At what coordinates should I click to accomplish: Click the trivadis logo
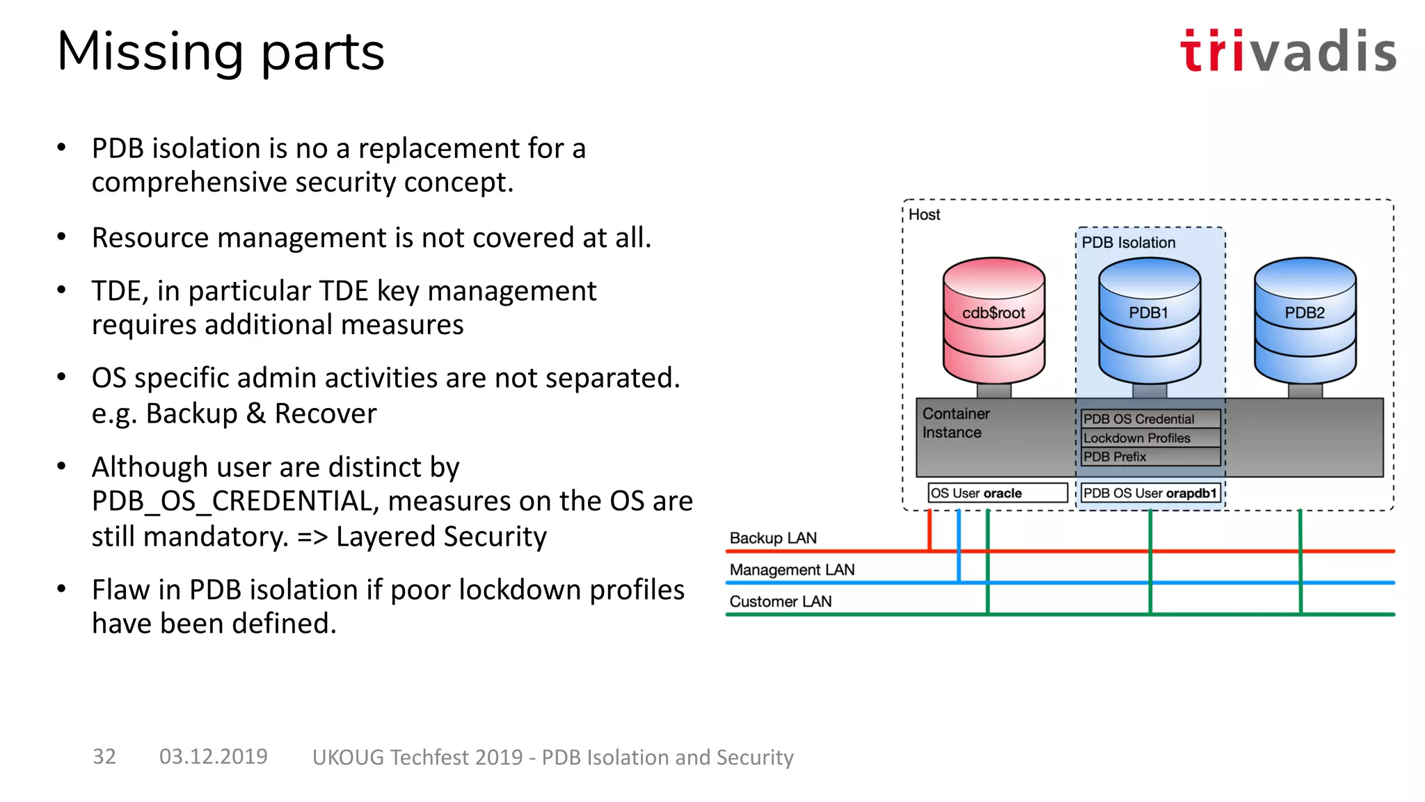(x=1287, y=51)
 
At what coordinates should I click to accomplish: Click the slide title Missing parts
(x=221, y=52)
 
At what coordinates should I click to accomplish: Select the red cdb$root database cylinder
(x=994, y=320)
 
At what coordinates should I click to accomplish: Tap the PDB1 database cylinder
(x=1149, y=320)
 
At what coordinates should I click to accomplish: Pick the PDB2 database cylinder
(x=1305, y=320)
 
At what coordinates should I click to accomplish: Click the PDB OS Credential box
(x=1150, y=419)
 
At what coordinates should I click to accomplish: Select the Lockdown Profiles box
(x=1150, y=438)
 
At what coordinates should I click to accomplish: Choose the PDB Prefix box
(x=1150, y=457)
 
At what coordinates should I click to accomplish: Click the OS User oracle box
(x=997, y=493)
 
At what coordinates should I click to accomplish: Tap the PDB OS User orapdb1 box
(x=1150, y=493)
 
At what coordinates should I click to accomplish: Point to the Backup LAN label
(x=773, y=538)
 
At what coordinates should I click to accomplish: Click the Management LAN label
(x=792, y=569)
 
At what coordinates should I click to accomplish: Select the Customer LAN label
(x=780, y=601)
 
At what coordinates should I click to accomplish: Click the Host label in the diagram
(x=924, y=215)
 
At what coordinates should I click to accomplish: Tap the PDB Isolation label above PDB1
(x=1128, y=242)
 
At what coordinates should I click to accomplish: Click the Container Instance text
(x=955, y=423)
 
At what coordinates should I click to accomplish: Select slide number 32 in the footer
(x=104, y=756)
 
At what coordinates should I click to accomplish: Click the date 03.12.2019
(x=213, y=756)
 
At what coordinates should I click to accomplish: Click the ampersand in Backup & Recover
(x=256, y=414)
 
